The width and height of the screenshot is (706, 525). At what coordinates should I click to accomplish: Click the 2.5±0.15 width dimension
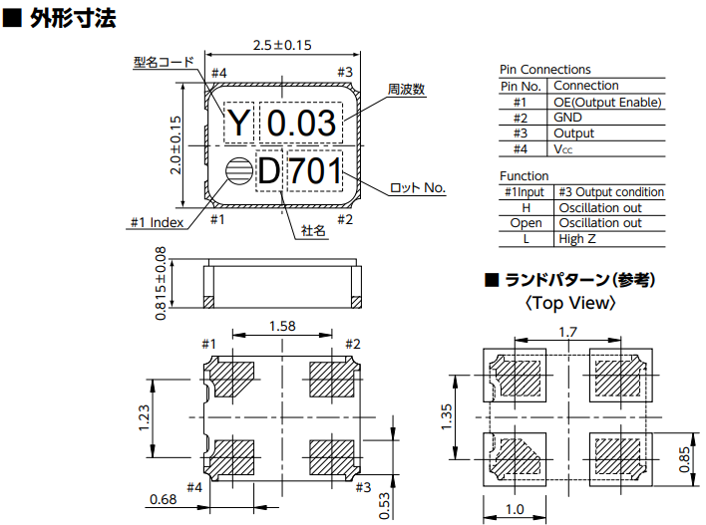pos(283,45)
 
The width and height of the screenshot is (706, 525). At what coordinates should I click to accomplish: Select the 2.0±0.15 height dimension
pos(176,144)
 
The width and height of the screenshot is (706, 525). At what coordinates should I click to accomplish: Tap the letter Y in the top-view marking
pos(239,124)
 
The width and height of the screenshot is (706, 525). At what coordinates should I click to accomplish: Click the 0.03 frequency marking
pos(302,124)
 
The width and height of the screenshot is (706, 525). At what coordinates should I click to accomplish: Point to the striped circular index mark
pos(238,171)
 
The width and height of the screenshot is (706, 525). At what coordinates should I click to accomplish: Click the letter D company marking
pos(269,171)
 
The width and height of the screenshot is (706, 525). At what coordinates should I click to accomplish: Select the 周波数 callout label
pos(406,90)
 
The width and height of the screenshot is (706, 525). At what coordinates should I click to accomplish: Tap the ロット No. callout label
pos(417,187)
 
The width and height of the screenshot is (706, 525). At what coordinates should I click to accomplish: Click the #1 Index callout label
pos(157,222)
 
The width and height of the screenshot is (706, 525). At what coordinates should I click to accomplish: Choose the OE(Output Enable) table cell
pos(607,102)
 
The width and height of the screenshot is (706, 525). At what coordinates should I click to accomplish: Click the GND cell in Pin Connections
pos(567,117)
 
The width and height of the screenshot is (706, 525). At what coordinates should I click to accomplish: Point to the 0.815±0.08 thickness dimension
pos(161,285)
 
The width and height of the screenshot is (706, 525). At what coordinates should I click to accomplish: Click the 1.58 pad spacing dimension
pos(283,325)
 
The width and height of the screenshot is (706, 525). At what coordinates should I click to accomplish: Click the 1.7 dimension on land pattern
pos(567,332)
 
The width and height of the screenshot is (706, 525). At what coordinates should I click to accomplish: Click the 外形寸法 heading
pos(71,17)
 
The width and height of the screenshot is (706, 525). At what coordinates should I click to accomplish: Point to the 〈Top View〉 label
pos(569,303)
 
